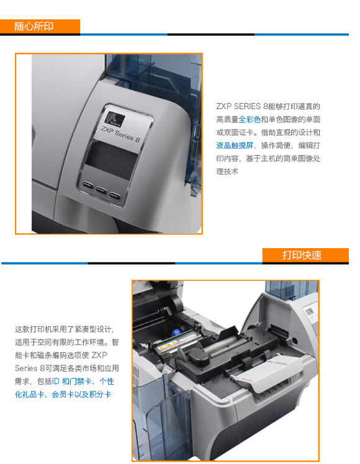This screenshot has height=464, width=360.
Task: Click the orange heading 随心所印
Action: (34, 27)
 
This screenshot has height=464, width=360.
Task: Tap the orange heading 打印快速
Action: (302, 255)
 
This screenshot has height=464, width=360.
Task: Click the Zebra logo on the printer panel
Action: (115, 118)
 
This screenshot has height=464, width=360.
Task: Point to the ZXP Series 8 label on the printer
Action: (120, 134)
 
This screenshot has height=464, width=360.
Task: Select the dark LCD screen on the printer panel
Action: (112, 158)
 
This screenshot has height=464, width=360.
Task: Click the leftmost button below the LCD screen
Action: (88, 185)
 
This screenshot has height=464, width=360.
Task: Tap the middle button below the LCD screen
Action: (101, 190)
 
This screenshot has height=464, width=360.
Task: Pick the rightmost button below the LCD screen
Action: (114, 195)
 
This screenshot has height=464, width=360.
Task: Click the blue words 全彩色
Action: (250, 119)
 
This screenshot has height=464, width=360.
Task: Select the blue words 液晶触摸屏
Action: (235, 145)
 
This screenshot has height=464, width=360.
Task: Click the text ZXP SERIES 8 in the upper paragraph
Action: (242, 106)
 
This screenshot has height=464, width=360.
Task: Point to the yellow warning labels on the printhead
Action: (168, 344)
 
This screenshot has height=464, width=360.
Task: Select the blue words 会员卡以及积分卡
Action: (82, 395)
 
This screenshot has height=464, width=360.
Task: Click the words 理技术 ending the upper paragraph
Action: (227, 171)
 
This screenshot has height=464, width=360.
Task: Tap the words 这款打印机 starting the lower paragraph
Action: (34, 329)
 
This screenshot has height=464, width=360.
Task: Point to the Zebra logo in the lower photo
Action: (309, 311)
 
